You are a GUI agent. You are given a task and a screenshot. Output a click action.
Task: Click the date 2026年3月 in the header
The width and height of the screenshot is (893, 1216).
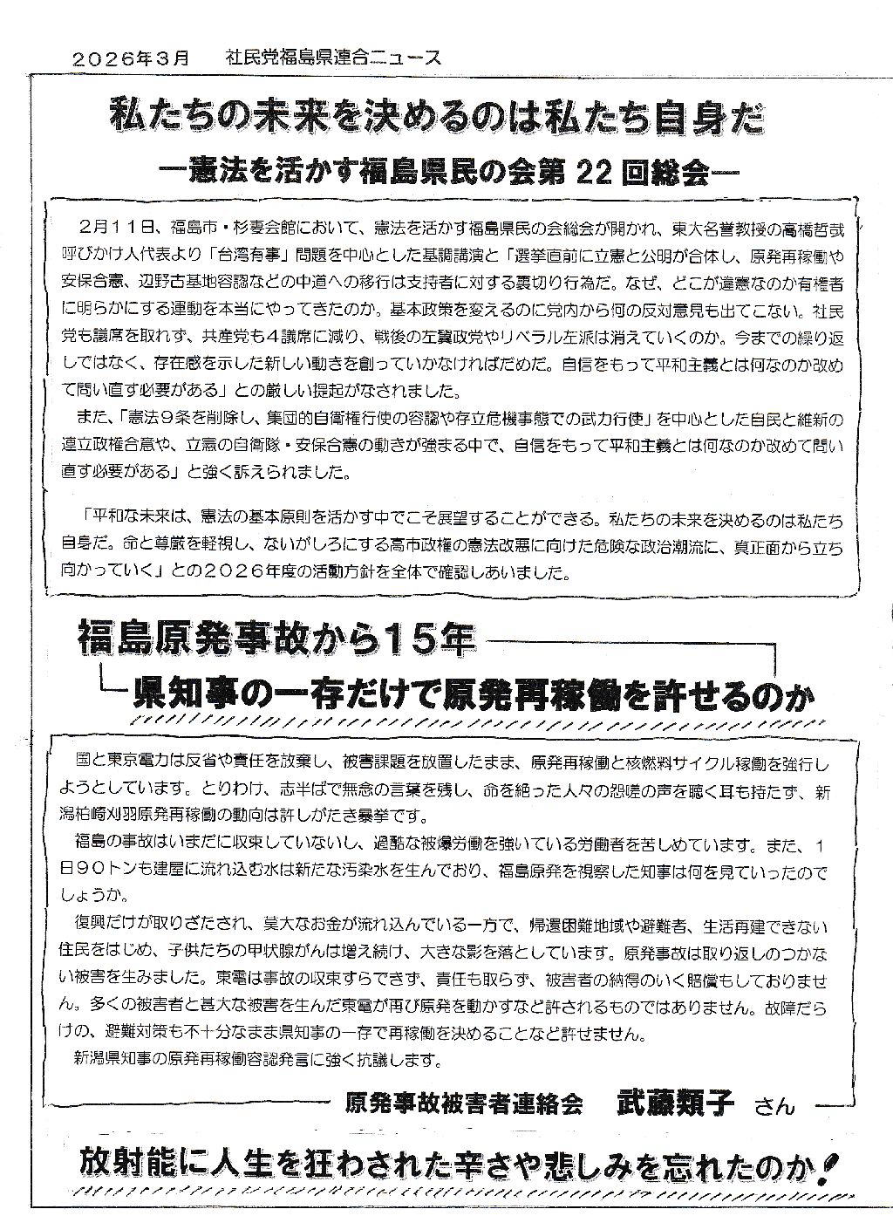click(x=131, y=58)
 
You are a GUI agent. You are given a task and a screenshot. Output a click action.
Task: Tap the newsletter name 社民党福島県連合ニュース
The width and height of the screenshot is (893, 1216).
click(x=331, y=58)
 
